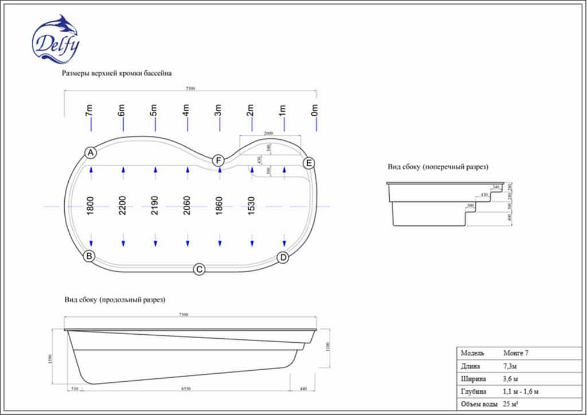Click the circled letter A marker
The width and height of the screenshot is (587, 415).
pyautogui.click(x=90, y=152)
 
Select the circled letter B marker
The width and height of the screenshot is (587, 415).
pyautogui.click(x=89, y=256)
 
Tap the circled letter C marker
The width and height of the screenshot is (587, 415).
pyautogui.click(x=199, y=269)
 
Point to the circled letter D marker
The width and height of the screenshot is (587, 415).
pyautogui.click(x=283, y=258)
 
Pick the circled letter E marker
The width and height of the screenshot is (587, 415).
pyautogui.click(x=309, y=163)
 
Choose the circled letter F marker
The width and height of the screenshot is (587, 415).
pyautogui.click(x=218, y=160)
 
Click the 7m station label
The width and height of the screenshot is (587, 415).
pyautogui.click(x=89, y=111)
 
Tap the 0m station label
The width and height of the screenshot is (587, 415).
pyautogui.click(x=314, y=111)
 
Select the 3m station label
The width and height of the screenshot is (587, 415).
pyautogui.click(x=218, y=111)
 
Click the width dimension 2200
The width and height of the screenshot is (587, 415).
pyautogui.click(x=123, y=206)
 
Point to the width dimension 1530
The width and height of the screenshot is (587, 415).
pyautogui.click(x=252, y=206)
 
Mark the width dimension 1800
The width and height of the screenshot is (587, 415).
pyautogui.click(x=90, y=206)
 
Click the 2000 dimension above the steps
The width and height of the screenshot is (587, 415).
pyautogui.click(x=268, y=133)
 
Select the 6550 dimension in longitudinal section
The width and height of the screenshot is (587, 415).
pyautogui.click(x=186, y=389)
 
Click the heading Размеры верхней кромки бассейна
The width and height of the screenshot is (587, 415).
pyautogui.click(x=116, y=73)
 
